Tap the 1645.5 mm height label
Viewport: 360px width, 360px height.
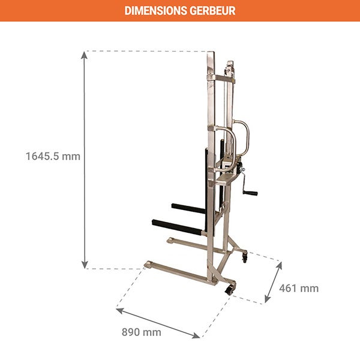tap(53, 157)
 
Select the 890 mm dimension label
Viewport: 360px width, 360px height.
tap(142, 332)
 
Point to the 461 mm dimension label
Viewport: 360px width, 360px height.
tap(299, 289)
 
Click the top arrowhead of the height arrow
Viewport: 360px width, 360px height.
tap(85, 55)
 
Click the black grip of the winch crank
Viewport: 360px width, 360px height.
tap(250, 194)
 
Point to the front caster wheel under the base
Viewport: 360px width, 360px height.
tap(229, 290)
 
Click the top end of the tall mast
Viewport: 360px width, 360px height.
tap(210, 55)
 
